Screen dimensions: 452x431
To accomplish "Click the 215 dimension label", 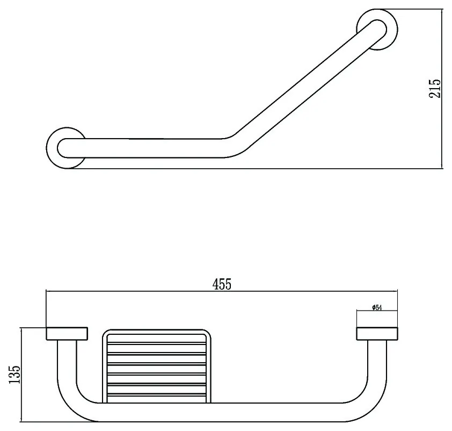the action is coord(435,88).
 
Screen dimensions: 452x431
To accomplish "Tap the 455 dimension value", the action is coord(222,284).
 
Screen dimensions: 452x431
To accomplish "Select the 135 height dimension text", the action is coord(14,375).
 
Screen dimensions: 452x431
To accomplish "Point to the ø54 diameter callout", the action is coord(377,307).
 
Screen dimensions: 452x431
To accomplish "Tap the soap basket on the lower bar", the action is coord(157,366).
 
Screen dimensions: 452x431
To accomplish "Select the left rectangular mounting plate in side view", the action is coord(67,334).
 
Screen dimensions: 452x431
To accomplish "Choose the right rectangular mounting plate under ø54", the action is coord(377,334).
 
